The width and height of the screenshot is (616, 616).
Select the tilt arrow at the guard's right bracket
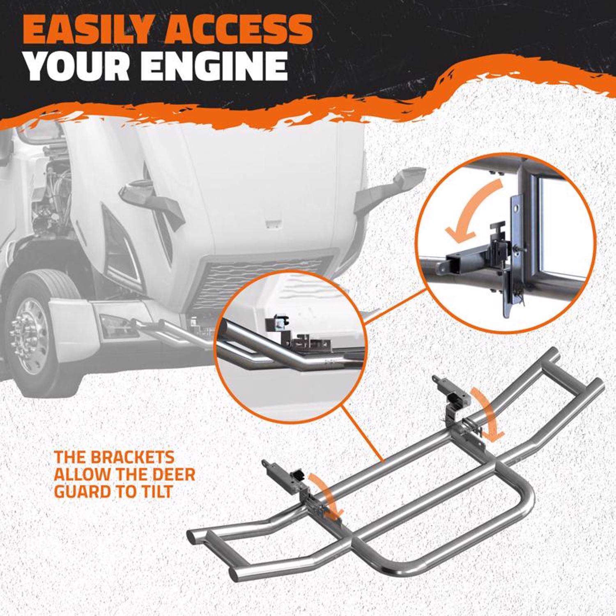[x=490, y=415]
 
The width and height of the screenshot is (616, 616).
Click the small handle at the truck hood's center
[x=272, y=224]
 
